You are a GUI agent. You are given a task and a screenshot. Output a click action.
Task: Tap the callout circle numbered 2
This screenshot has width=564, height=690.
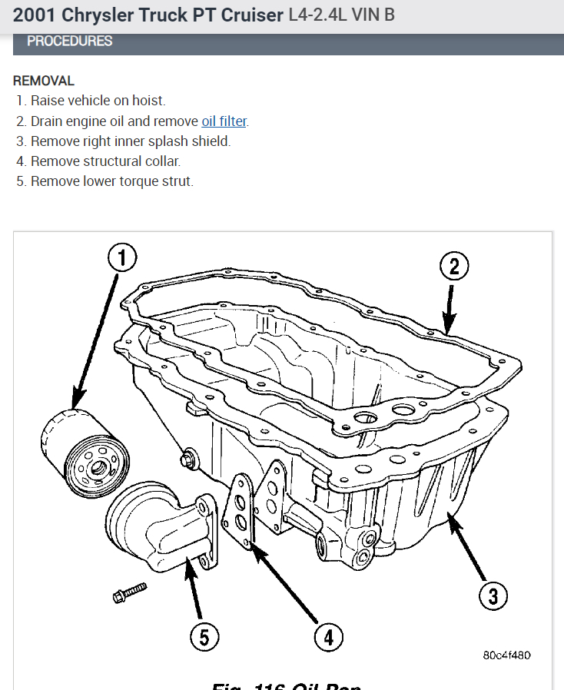coord(453,267)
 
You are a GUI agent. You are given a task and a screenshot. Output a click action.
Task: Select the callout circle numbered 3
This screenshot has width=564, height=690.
coord(493,596)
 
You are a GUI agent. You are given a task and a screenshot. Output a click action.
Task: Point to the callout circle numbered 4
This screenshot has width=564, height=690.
coord(327,637)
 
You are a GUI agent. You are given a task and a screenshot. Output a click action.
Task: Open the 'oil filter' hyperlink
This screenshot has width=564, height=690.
coord(224,121)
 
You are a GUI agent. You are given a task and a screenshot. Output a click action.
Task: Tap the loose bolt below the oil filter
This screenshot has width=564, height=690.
coord(129,592)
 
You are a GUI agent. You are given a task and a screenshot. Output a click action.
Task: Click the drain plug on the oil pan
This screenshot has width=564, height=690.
coord(187,460)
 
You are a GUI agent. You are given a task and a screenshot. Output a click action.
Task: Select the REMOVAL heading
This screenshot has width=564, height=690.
coord(44,81)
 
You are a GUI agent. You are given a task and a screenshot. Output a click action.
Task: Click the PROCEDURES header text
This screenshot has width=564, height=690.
coord(69,41)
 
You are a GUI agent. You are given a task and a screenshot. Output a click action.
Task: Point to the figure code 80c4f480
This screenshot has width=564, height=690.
coord(506,655)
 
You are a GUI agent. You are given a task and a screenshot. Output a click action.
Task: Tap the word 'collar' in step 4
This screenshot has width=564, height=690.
coord(162,161)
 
